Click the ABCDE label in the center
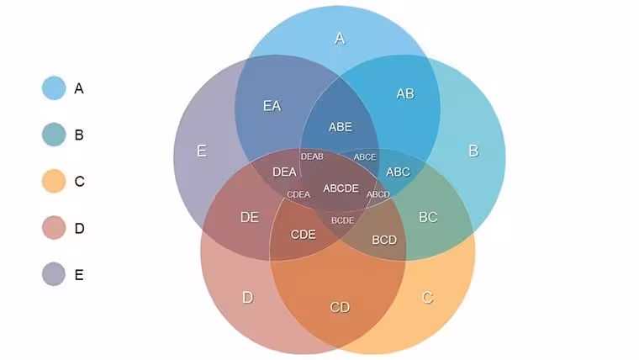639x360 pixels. (341, 188)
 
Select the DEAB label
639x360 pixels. (312, 156)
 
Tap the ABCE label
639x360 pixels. (365, 157)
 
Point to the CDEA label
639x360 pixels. (298, 194)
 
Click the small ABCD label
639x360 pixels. (378, 194)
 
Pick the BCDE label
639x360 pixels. (342, 220)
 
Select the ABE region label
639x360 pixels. (341, 127)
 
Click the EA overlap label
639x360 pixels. (272, 106)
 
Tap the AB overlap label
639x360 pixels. (405, 93)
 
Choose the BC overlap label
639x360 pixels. (428, 217)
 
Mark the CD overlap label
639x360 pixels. (340, 307)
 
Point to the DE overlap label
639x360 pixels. (250, 217)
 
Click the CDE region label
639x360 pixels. (304, 235)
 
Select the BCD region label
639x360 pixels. (384, 240)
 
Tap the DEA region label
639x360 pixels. (284, 172)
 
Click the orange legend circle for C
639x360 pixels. (54, 181)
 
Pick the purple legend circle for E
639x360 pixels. (54, 274)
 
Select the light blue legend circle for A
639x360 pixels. (54, 87)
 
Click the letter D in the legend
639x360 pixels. (80, 228)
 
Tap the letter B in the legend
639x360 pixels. (79, 135)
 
